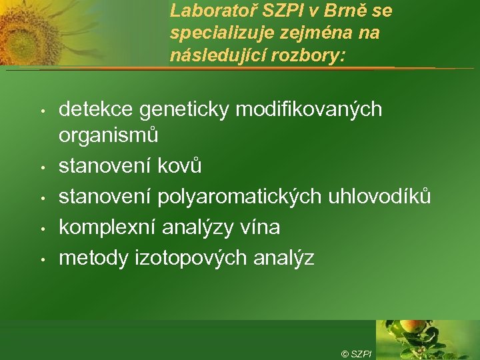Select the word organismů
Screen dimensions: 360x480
109,135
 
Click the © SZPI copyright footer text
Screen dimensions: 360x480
357,353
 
